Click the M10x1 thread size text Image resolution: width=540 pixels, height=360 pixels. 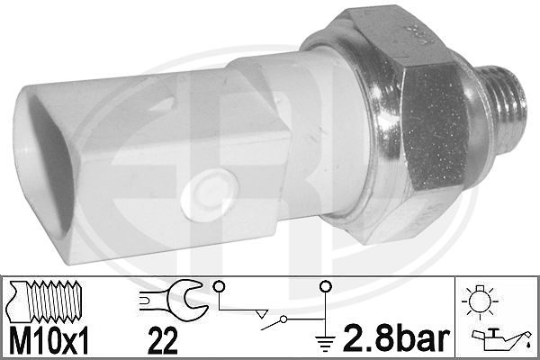tap(49, 340)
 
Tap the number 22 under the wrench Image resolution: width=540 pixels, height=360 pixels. tap(163, 340)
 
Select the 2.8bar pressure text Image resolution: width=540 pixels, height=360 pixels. tap(396, 338)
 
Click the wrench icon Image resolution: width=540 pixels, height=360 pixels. tap(173, 300)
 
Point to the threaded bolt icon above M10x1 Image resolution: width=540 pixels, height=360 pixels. tap(45, 301)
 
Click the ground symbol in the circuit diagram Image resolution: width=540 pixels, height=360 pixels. tap(326, 340)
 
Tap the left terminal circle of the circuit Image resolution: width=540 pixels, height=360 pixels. tap(219, 286)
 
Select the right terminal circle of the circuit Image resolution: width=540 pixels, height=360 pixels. tap(326, 286)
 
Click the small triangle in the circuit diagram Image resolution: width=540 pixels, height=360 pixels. tap(262, 314)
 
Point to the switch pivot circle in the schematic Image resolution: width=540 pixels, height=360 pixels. tap(283, 319)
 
